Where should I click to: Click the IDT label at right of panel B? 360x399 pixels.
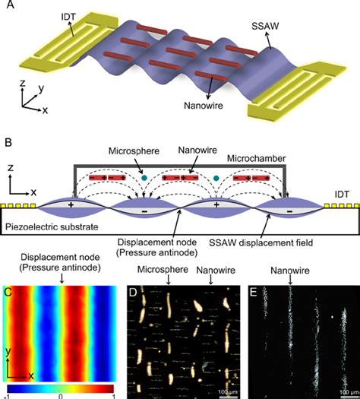(343, 194)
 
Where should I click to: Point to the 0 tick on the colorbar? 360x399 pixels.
(60, 395)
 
